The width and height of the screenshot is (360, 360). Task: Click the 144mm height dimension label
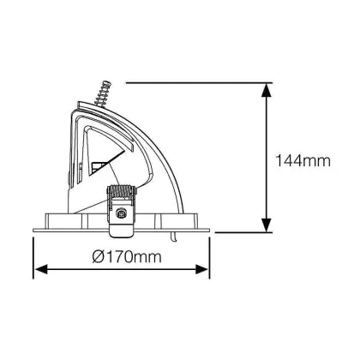click(x=303, y=161)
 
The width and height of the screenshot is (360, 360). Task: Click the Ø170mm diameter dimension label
click(x=127, y=256)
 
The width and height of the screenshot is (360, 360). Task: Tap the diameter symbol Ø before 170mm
click(x=99, y=256)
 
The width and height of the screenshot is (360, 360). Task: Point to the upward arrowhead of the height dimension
click(x=267, y=90)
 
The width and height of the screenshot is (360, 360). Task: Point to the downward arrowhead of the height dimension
click(x=267, y=225)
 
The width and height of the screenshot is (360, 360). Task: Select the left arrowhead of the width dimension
click(x=41, y=269)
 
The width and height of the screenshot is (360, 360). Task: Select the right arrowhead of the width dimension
click(x=202, y=269)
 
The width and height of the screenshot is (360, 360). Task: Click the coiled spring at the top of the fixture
click(x=103, y=93)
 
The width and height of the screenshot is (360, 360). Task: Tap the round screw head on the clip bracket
click(x=122, y=213)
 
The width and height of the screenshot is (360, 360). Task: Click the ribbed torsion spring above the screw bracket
click(x=121, y=191)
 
